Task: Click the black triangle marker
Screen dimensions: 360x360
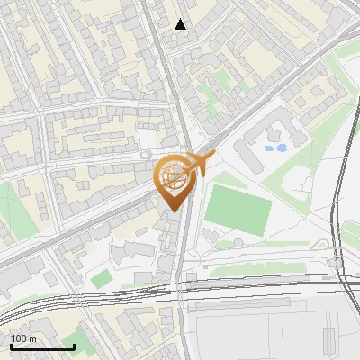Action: point(181,24)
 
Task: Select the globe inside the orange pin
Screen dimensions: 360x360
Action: point(174,177)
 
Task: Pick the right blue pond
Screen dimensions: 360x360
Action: point(281,148)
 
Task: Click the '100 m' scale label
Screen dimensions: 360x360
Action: point(24,338)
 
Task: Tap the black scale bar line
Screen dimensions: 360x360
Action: point(41,346)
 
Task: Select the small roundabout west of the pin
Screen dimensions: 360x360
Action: point(146,156)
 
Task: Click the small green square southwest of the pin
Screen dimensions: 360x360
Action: point(100,278)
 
